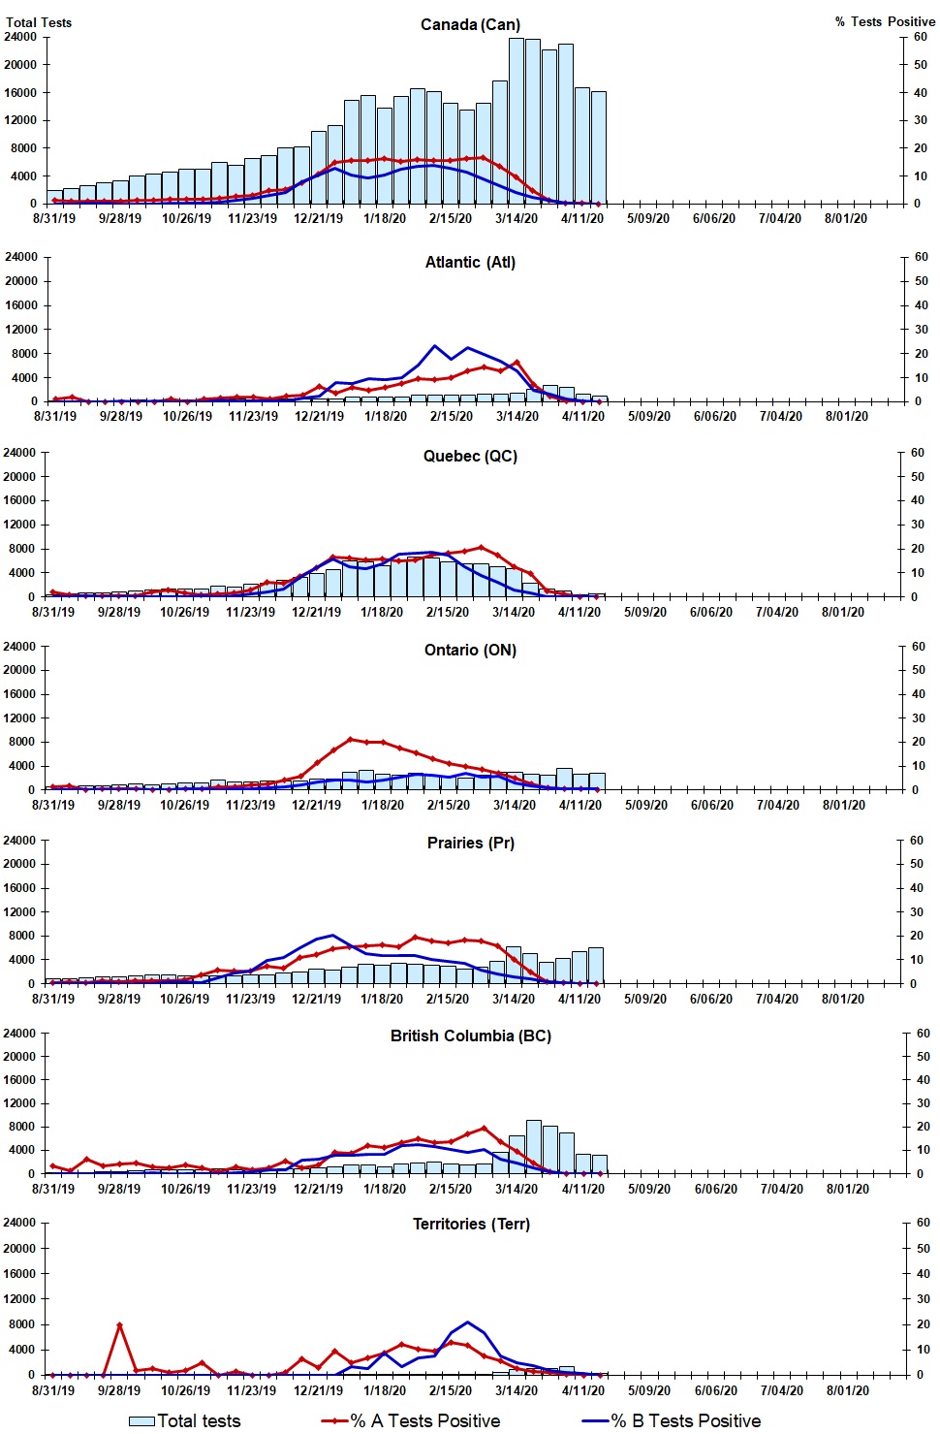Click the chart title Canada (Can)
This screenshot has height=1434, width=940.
point(470,24)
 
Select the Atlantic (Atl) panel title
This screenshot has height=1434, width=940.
point(470,262)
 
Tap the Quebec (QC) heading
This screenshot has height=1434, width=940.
point(470,456)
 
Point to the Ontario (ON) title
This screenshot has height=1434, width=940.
point(470,650)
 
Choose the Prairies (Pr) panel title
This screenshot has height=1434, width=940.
point(470,843)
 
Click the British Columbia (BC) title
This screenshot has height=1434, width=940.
point(470,1036)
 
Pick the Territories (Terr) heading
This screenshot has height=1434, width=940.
point(471,1224)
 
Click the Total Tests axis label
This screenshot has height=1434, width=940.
point(39,22)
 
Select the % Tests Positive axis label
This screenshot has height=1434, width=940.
point(885,21)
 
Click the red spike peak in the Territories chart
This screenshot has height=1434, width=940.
point(119,1324)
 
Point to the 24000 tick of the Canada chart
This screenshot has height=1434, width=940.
point(21,37)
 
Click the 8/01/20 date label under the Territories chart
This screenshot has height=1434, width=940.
point(847,1389)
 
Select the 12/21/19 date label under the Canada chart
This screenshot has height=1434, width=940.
point(319,218)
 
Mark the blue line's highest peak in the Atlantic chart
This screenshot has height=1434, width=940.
point(435,346)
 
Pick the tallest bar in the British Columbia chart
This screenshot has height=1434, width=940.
point(534,1146)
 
